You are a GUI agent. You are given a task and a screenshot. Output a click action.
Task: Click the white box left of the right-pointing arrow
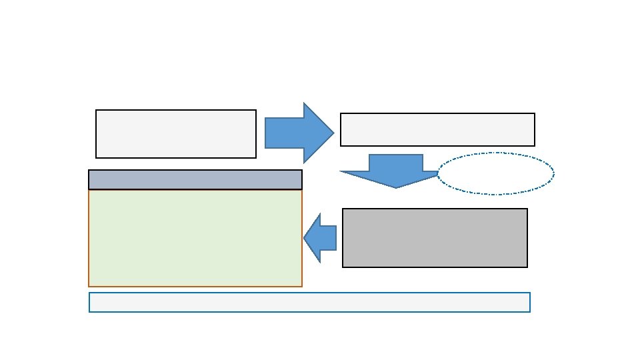point(176,134)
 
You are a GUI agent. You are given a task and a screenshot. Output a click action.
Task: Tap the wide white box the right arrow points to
point(437,129)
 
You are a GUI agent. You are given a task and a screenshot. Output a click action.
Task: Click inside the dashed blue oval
point(496,173)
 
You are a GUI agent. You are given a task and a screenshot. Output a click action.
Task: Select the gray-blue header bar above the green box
point(195,179)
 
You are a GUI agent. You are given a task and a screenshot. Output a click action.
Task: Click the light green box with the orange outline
point(195,238)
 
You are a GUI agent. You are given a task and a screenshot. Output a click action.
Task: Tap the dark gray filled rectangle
point(435,238)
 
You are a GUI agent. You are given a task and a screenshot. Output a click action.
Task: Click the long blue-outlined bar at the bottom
point(309,302)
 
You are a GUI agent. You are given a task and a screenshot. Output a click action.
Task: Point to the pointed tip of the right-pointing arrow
point(333,133)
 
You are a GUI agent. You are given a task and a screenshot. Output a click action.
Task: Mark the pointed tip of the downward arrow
point(396,187)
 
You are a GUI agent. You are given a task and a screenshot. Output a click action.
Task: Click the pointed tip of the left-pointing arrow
point(305,238)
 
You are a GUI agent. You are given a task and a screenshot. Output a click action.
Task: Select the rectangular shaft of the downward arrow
point(396,163)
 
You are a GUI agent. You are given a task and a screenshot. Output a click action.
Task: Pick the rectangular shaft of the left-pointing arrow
point(328,238)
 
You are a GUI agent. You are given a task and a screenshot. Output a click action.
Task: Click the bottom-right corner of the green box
point(301,286)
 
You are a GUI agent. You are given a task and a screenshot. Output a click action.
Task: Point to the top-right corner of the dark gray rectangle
point(527,209)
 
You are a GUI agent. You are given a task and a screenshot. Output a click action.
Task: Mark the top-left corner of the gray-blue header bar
point(89,171)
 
